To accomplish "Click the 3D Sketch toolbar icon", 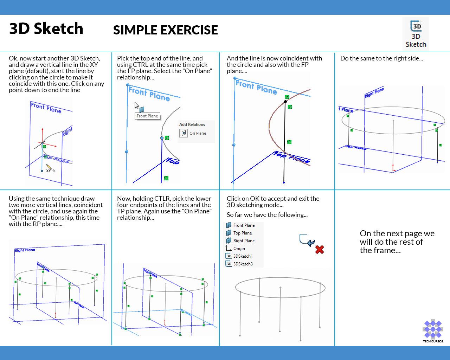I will (416, 34).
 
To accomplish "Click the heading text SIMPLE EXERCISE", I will (165, 30).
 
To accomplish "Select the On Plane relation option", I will (193, 133).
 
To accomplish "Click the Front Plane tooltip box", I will (147, 116).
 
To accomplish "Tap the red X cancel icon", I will (320, 250).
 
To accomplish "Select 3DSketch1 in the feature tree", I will (243, 256).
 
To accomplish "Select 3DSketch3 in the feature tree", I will (243, 264).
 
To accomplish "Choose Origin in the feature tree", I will (239, 249).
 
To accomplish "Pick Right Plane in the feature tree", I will (244, 241).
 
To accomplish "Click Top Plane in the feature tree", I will (242, 233).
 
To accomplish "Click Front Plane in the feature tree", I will (244, 225).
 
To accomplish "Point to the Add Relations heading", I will (192, 124).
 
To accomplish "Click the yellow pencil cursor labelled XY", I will (49, 168).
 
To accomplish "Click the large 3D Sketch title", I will (46, 29).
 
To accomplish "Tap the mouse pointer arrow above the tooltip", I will (137, 105).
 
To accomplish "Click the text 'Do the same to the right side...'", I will (381, 58).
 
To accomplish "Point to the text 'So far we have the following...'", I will (267, 215).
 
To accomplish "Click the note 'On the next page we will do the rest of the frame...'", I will (397, 242).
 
